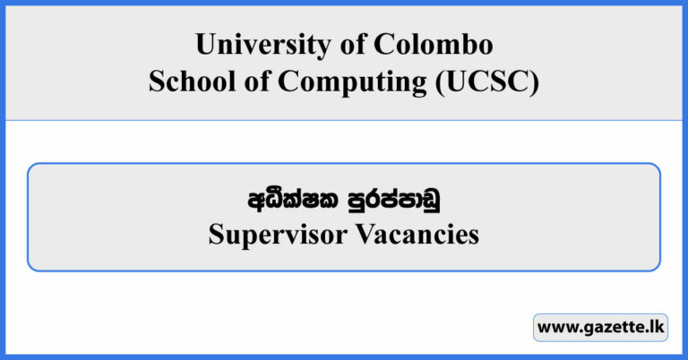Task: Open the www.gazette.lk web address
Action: [601, 328]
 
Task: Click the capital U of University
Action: [203, 45]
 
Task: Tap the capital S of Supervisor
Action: [215, 236]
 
